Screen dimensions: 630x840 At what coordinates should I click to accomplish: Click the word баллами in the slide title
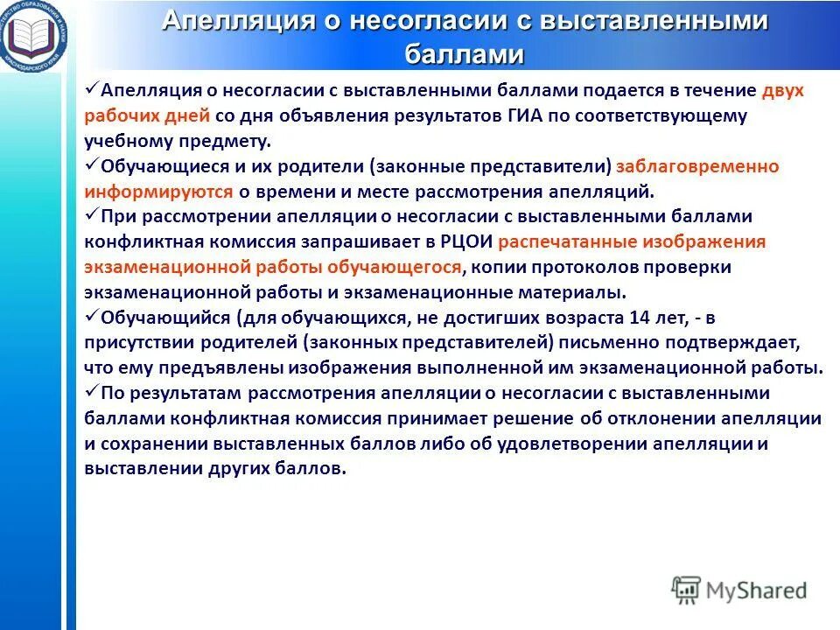click(464, 54)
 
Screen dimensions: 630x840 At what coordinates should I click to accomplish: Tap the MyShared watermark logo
click(739, 589)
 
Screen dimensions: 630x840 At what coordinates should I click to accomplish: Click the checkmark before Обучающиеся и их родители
click(92, 165)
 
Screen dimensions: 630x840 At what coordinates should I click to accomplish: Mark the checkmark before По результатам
click(92, 393)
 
